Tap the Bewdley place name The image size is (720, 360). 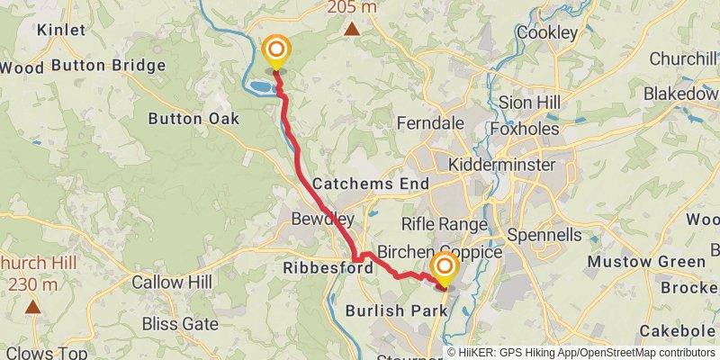(322, 219)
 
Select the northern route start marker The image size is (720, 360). (276, 49)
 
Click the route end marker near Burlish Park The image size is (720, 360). (444, 267)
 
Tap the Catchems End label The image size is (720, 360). (370, 182)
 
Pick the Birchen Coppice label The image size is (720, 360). (440, 252)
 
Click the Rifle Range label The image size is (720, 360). (444, 224)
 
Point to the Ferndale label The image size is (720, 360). (427, 123)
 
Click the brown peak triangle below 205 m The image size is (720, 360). (352, 29)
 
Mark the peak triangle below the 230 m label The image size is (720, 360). (33, 307)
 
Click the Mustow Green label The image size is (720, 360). (645, 262)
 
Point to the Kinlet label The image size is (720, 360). (61, 30)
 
